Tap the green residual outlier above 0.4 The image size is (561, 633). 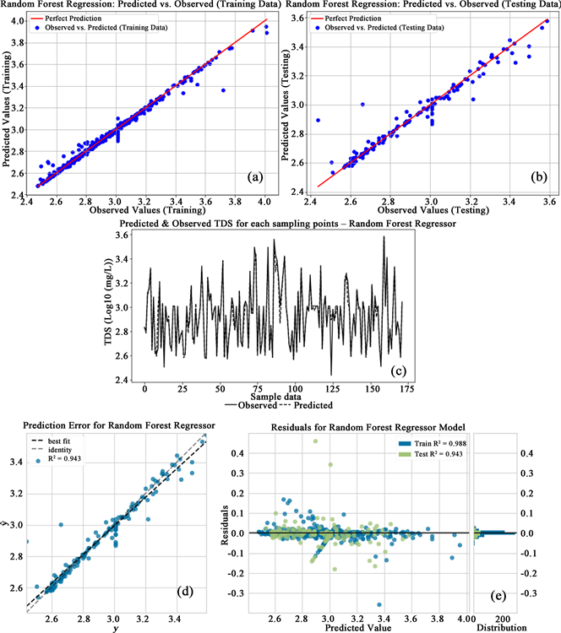[316, 441]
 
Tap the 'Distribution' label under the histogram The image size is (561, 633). [501, 627]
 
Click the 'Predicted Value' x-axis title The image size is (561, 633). [355, 627]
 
